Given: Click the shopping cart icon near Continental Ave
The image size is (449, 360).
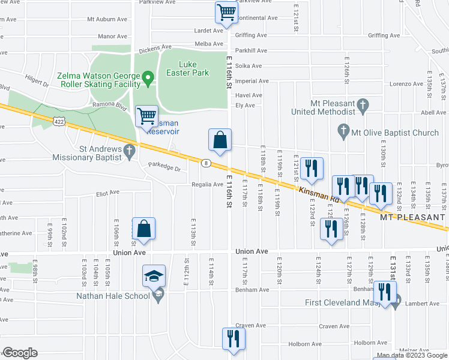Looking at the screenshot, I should coord(226,12).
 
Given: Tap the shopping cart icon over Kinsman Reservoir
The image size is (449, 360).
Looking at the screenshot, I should coord(146,116).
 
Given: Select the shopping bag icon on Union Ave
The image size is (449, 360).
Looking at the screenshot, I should coord(144,229).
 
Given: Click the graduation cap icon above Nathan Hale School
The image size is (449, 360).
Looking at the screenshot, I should coord(154,275).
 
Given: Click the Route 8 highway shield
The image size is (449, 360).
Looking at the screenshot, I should coord(206,163).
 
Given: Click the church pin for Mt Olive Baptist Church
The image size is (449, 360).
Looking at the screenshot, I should coord(343,130).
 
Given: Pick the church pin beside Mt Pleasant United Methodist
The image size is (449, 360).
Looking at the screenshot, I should coord(362,106).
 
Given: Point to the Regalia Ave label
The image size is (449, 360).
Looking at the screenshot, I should coord(207,184).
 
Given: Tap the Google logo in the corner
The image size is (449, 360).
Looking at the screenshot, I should coord(20,353).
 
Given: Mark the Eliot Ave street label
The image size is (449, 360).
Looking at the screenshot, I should coord(108,193).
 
